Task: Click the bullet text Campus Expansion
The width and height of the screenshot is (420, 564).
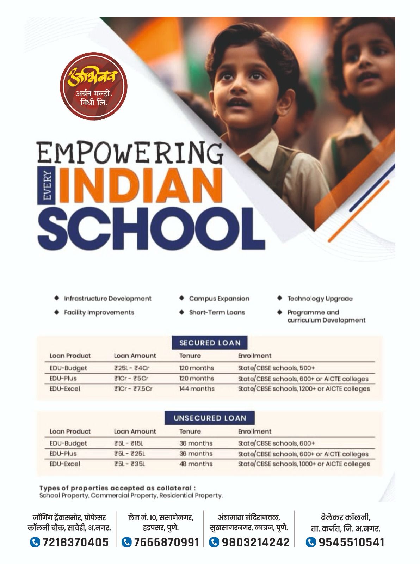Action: tap(219, 299)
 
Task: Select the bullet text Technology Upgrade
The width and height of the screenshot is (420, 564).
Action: tap(320, 299)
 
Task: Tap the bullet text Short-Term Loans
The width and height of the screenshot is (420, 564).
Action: tap(217, 312)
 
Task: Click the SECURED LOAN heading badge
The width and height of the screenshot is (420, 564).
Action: tap(210, 343)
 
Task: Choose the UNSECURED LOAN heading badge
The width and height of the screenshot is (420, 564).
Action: tap(209, 418)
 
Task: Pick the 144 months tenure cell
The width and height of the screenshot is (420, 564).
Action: tap(197, 389)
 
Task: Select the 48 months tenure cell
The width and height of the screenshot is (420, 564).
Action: tap(196, 464)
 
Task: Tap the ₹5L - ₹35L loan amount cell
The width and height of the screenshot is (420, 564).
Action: tap(129, 464)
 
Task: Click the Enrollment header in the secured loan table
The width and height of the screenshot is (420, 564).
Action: tap(254, 356)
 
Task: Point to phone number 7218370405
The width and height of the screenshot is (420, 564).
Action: tap(75, 542)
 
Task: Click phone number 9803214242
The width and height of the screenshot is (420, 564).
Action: tap(255, 542)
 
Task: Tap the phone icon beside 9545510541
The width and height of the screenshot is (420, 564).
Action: tap(310, 542)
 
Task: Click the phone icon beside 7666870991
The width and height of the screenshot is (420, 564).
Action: tap(126, 542)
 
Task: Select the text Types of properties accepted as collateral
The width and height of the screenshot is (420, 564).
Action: tap(117, 488)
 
